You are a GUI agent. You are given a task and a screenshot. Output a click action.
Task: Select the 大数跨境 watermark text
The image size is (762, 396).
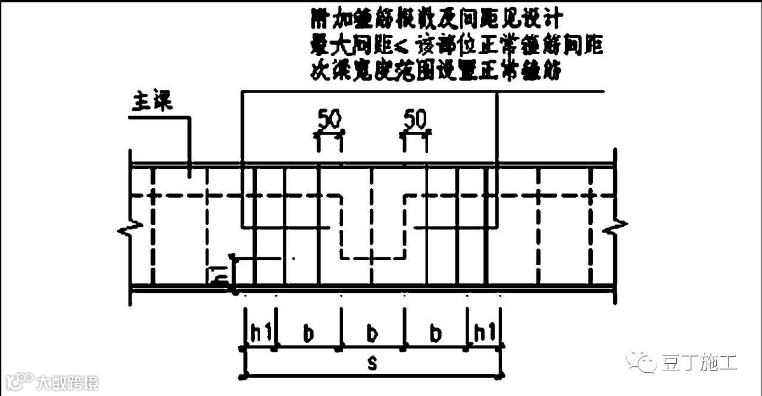[x=67, y=382]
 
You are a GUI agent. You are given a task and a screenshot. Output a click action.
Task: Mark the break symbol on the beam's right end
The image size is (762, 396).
[x=614, y=226]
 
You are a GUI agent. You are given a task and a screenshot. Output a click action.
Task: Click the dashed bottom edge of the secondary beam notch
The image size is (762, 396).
[x=373, y=258]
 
